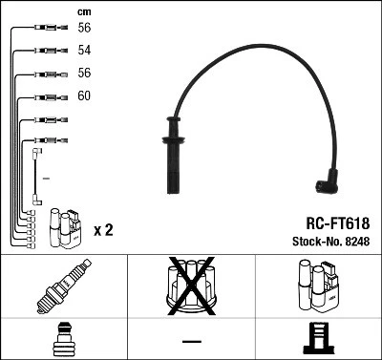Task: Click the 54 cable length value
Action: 84,49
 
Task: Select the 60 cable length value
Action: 84,96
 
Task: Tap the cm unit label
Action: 83,11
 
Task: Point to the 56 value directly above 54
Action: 84,29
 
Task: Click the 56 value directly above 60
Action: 84,73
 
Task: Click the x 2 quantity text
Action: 104,230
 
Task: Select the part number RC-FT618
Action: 328,222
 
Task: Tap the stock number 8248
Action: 357,243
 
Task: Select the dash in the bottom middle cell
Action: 191,341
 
